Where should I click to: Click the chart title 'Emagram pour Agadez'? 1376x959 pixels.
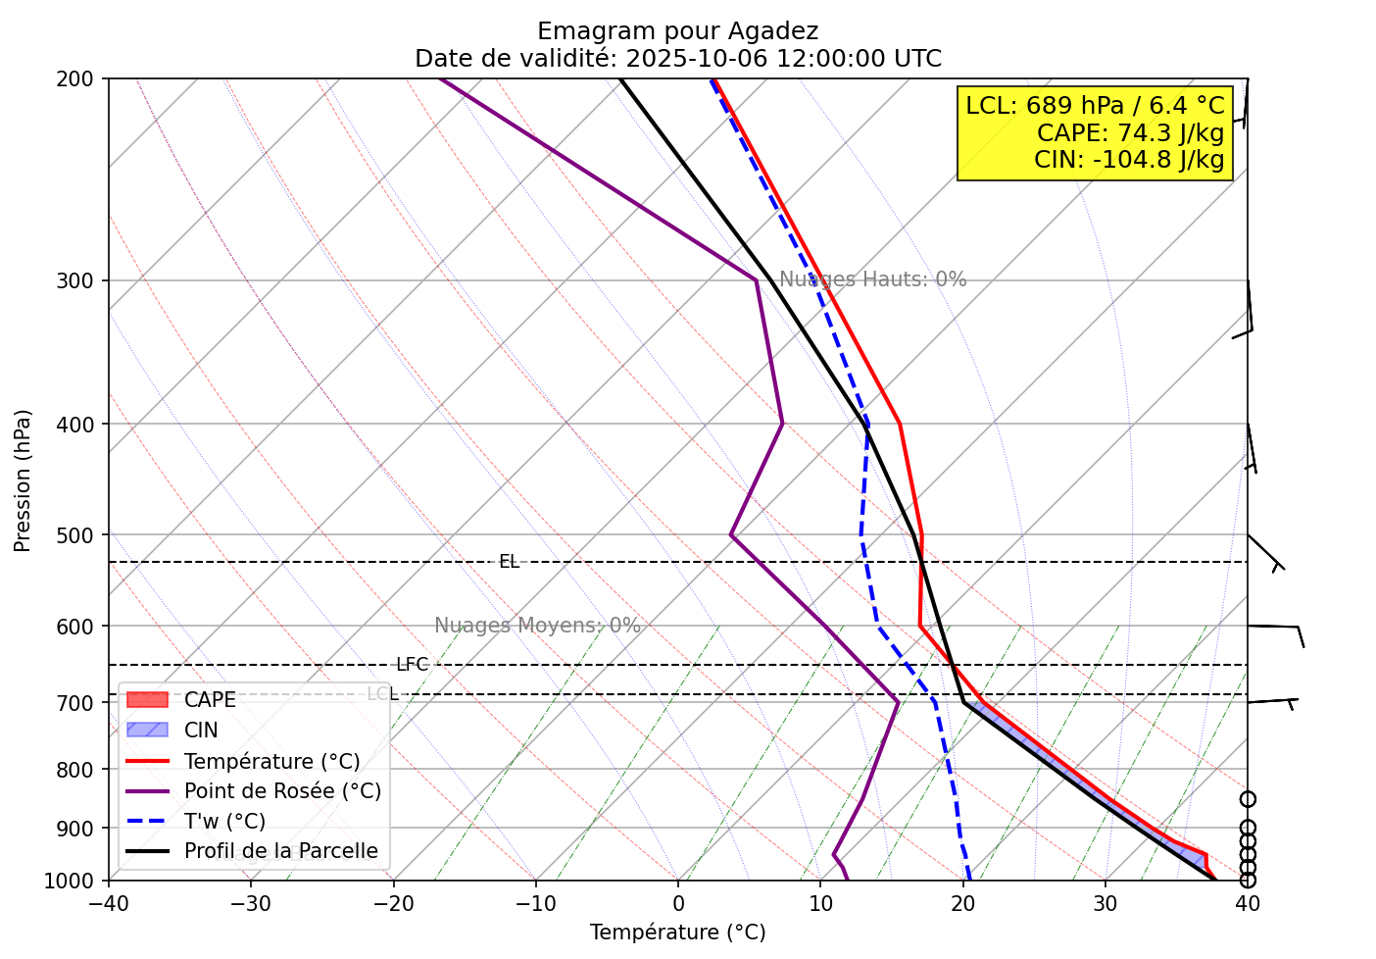pos(677,31)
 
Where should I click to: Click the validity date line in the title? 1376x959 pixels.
pos(677,59)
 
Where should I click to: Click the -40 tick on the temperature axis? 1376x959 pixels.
pos(109,903)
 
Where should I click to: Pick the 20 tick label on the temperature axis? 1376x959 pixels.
pos(962,903)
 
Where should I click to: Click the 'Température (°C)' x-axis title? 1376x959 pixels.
pos(677,933)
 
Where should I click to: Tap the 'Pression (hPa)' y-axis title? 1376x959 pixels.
pos(24,480)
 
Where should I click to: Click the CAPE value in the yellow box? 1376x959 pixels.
pos(1130,132)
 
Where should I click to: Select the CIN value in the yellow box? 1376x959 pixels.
pos(1129,160)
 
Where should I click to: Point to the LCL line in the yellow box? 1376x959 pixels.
pos(1095,106)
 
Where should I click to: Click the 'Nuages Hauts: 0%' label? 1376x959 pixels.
pos(873,279)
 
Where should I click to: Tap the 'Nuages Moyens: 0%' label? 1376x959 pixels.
pos(537,626)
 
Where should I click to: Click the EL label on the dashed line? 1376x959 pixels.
pos(509,562)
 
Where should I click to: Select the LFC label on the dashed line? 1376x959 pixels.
pos(413,665)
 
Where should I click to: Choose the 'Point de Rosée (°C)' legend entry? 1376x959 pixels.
pos(282,791)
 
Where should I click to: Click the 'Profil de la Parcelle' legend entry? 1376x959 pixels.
pos(280,851)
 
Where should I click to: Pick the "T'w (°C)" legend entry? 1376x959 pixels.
pos(224,822)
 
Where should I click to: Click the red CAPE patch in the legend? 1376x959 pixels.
pos(147,700)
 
